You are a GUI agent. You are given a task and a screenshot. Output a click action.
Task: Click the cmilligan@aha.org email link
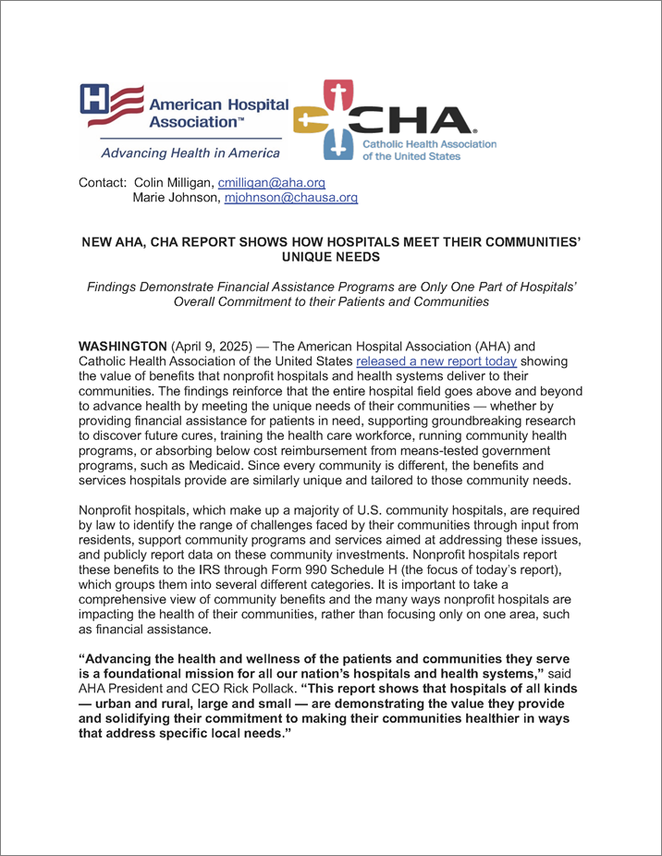click(271, 183)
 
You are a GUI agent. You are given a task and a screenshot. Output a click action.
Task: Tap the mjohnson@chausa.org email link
click(291, 198)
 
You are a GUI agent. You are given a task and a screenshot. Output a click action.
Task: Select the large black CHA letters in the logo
click(428, 120)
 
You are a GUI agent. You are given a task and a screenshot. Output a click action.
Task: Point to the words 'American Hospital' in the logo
click(219, 104)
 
